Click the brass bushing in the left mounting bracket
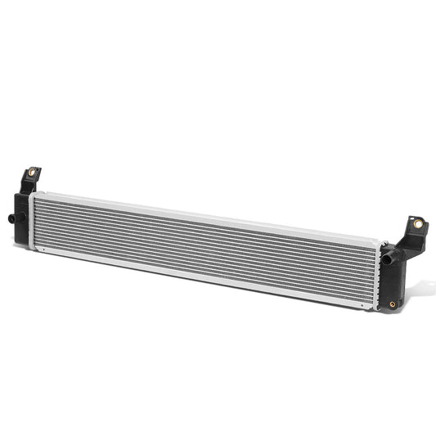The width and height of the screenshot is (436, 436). click(32, 173)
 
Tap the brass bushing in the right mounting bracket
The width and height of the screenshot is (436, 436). click(418, 222)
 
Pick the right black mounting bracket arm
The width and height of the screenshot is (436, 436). click(411, 233)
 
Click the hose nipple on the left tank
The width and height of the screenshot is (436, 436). click(13, 219)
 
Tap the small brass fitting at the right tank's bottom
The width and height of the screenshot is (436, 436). click(392, 304)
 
